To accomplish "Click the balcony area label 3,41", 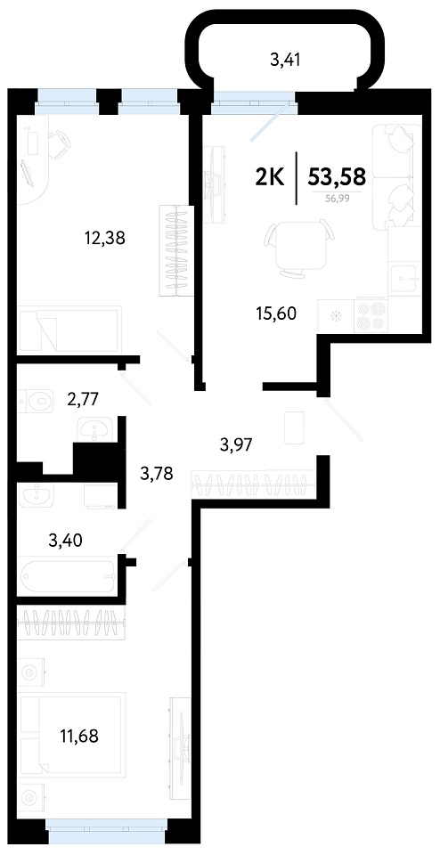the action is (x=286, y=60).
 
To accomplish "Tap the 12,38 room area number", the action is (x=105, y=238).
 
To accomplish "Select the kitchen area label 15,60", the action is (x=276, y=313).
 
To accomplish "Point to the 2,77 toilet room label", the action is (x=82, y=400).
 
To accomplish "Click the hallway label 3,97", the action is (x=235, y=445).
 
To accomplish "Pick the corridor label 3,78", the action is (x=157, y=474).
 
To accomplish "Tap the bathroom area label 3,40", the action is (x=65, y=541).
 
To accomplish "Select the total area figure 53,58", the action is (x=337, y=177).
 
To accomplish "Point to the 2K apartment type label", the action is (x=271, y=177).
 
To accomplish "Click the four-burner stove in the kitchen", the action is (x=371, y=315).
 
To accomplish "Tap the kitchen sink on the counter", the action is (x=404, y=278).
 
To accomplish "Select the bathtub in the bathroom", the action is (x=68, y=575).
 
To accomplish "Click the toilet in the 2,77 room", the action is (x=36, y=403).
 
